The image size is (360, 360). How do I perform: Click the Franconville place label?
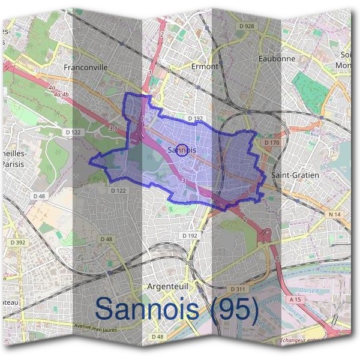coord(85,68)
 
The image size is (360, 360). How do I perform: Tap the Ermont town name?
coord(205,67)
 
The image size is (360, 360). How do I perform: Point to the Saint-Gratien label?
coord(295,175)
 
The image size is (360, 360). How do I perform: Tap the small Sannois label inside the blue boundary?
coord(183,149)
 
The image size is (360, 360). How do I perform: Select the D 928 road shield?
coord(247,26)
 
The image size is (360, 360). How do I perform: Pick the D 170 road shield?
coord(271,143)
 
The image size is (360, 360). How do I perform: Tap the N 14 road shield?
coord(334,214)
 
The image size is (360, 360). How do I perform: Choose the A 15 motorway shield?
coord(295,299)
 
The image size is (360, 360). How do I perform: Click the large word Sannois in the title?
coord(146,309)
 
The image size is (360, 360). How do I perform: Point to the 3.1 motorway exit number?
coord(113,129)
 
